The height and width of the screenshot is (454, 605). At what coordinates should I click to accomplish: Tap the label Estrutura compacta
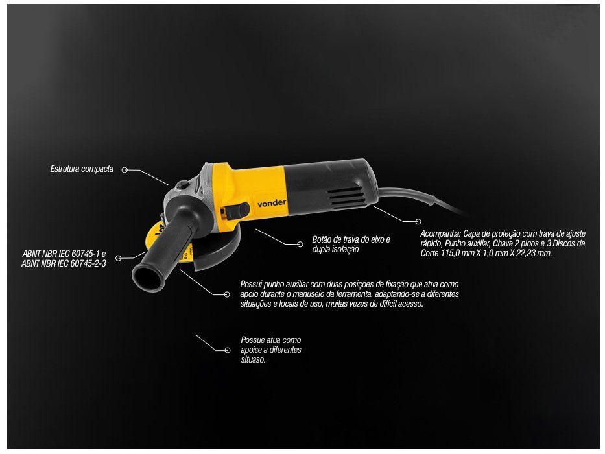point(82,169)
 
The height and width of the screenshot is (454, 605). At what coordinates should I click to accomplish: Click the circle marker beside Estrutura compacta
point(124,170)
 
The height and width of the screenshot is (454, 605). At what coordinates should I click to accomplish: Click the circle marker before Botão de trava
point(300,245)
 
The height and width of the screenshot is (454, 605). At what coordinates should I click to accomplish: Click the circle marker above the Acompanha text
point(418,222)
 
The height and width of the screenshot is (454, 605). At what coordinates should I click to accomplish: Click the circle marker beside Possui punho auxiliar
point(227,294)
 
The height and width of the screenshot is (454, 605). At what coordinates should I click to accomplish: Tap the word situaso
point(254,359)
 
